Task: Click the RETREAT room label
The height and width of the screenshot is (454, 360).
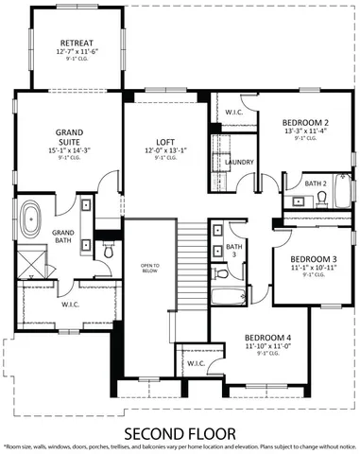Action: pos(75,43)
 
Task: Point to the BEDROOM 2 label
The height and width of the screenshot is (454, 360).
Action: pos(304,123)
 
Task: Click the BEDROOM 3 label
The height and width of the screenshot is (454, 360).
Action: pos(313,259)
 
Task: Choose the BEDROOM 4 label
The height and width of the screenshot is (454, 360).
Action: pos(267,338)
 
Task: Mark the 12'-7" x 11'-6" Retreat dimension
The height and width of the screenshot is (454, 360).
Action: pos(75,53)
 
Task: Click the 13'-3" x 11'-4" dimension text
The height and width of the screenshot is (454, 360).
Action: pos(304,132)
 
